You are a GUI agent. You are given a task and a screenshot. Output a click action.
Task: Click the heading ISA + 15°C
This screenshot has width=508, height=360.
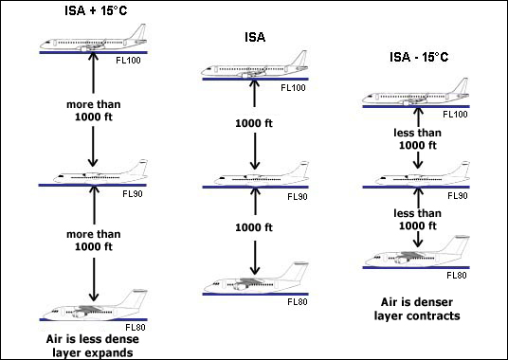(96, 10)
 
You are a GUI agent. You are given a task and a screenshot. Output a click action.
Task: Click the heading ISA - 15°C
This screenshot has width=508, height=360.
(419, 57)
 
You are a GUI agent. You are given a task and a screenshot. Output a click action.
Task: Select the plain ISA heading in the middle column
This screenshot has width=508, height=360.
(255, 37)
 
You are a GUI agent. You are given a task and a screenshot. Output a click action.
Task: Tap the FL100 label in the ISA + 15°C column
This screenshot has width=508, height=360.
(128, 61)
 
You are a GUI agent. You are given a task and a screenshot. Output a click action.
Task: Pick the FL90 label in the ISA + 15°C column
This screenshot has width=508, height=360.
(133, 194)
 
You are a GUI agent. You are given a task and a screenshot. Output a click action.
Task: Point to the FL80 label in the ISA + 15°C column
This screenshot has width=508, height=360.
(136, 327)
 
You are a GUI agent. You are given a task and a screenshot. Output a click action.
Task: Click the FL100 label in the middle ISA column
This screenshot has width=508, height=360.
(293, 88)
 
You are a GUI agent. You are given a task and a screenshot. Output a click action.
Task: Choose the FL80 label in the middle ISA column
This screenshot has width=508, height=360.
(298, 301)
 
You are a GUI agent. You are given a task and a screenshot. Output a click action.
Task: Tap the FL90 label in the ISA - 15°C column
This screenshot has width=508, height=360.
(458, 196)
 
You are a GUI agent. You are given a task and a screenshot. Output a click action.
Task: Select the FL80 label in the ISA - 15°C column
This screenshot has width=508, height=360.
(457, 276)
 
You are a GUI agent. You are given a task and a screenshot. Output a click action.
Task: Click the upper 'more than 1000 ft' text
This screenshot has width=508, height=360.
(93, 111)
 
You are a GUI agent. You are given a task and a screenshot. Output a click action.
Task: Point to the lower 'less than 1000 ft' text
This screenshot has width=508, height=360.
(417, 220)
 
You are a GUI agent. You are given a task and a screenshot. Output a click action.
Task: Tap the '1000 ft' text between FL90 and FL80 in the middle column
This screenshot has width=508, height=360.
(254, 227)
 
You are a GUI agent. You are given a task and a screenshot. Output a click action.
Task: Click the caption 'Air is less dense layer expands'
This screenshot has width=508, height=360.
(93, 346)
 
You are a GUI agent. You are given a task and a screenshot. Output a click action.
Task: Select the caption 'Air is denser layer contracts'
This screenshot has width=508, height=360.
(417, 309)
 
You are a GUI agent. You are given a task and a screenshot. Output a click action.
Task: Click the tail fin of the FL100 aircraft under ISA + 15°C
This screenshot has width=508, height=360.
(139, 31)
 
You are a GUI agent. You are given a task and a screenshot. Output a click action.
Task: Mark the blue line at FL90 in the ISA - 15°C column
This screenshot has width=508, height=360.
(416, 188)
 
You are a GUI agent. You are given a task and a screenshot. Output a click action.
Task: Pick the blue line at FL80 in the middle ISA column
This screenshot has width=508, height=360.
(255, 295)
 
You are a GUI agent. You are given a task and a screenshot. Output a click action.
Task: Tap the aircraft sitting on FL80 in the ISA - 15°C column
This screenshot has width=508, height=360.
(417, 251)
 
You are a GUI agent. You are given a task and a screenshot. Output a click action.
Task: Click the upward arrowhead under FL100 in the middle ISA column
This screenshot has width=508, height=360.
(254, 84)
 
